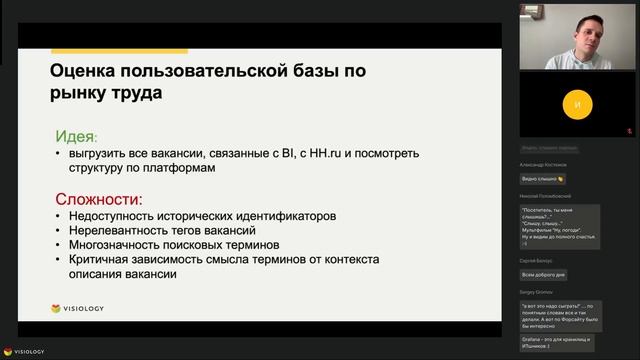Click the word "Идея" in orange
pyautogui.click(x=76, y=136)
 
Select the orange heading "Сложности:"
pyautogui.click(x=99, y=198)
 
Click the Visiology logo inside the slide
pyautogui.click(x=77, y=308)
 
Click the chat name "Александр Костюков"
pyautogui.click(x=543, y=164)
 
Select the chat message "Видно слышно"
pyautogui.click(x=541, y=179)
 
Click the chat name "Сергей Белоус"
pyautogui.click(x=536, y=259)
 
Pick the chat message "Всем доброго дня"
pyautogui.click(x=544, y=274)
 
